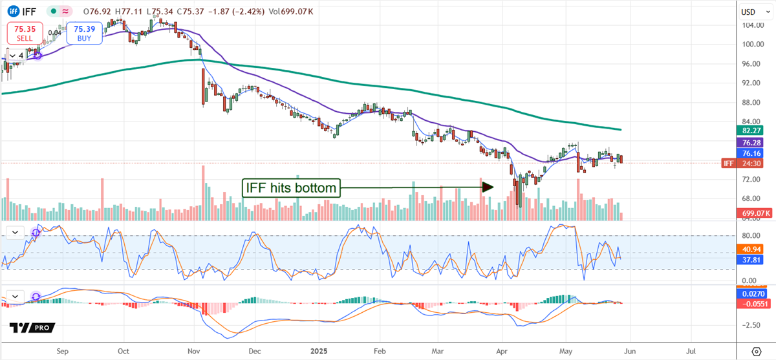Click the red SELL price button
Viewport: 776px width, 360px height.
tap(25, 33)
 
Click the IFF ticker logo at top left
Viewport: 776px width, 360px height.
tap(12, 11)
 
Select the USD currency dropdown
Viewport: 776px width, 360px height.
tap(749, 12)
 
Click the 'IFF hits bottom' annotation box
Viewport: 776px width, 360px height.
tap(290, 188)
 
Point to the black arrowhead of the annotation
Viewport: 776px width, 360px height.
tap(488, 187)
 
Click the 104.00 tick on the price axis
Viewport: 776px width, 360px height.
tap(750, 25)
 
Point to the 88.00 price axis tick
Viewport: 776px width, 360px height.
tap(750, 102)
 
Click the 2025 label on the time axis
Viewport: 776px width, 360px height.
tap(318, 352)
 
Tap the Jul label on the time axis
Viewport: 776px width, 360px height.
tap(691, 352)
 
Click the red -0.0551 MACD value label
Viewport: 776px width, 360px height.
tap(753, 303)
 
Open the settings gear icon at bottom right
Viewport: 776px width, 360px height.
tap(756, 352)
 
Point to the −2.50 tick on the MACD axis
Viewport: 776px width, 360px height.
tap(750, 325)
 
